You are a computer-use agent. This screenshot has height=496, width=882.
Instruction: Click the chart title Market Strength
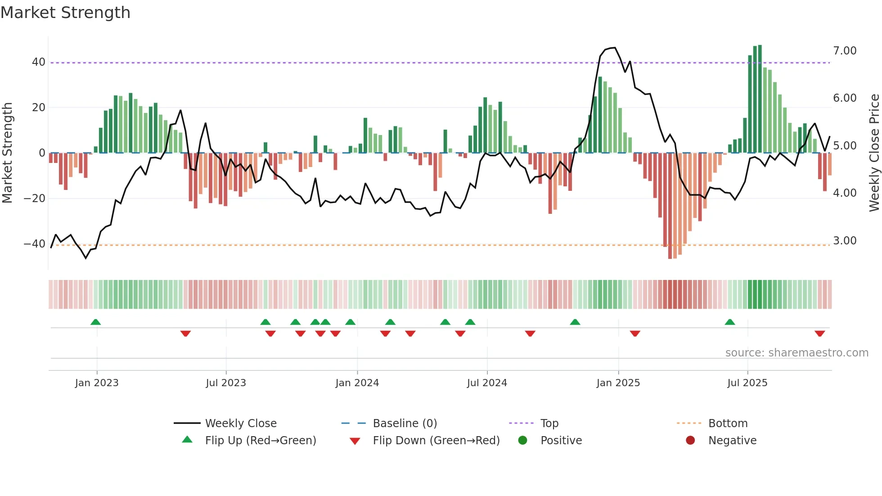[x=66, y=13]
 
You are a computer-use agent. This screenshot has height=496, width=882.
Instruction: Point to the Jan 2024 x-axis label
[x=357, y=383]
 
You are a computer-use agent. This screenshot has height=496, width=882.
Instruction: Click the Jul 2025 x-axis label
[x=747, y=383]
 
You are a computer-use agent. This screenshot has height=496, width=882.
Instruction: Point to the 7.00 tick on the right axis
[x=845, y=51]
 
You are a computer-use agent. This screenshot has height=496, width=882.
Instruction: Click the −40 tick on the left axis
[x=35, y=244]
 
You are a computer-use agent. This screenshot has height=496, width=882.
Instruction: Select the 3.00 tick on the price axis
[x=845, y=241]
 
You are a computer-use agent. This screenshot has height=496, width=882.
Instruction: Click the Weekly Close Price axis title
[x=874, y=153]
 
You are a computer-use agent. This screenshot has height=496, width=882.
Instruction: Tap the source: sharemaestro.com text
[x=796, y=353]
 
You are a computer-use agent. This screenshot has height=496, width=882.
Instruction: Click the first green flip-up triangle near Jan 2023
[x=95, y=322]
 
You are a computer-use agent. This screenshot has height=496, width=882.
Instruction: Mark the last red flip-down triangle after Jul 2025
[x=819, y=334]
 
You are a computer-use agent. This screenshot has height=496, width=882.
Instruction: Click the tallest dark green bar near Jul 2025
[x=760, y=99]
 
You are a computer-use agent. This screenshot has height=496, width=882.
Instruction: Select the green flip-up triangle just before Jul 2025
[x=730, y=322]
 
